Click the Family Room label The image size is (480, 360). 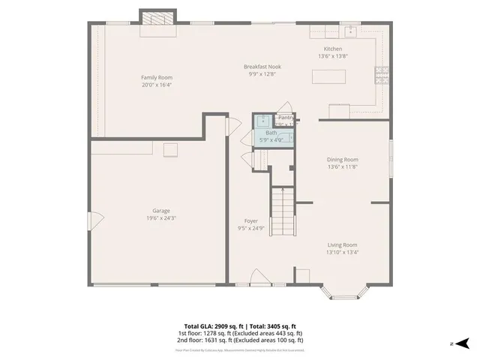click(157, 77)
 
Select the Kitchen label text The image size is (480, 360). click(332, 49)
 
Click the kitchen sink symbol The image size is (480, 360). click(350, 32)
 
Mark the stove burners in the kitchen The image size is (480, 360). click(381, 73)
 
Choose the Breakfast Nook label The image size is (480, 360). click(260, 67)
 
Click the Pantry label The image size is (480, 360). click(286, 118)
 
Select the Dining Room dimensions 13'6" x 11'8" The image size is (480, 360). click(342, 167)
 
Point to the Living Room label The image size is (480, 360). click(341, 244)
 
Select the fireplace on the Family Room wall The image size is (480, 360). click(157, 19)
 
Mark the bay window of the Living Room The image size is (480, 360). click(343, 291)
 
